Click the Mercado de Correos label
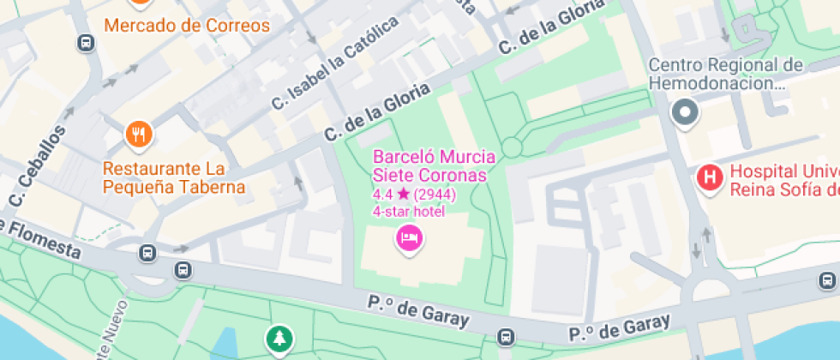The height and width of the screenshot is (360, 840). point(187,25)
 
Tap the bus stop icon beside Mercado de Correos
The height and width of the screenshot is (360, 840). point(86,43)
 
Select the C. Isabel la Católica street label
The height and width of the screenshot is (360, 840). point(335,64)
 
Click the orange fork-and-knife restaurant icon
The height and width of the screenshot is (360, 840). point(139,134)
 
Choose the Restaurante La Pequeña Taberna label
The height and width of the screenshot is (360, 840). point(174,177)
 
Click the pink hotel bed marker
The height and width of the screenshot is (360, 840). point(409,237)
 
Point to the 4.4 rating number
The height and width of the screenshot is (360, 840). point(382,195)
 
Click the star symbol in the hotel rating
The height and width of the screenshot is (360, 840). point(403,195)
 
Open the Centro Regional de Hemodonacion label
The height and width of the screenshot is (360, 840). point(725,75)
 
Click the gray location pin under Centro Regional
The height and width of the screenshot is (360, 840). point(685,111)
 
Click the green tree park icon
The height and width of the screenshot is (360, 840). point(279,339)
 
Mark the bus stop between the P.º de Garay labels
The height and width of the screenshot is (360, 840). point(507,338)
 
